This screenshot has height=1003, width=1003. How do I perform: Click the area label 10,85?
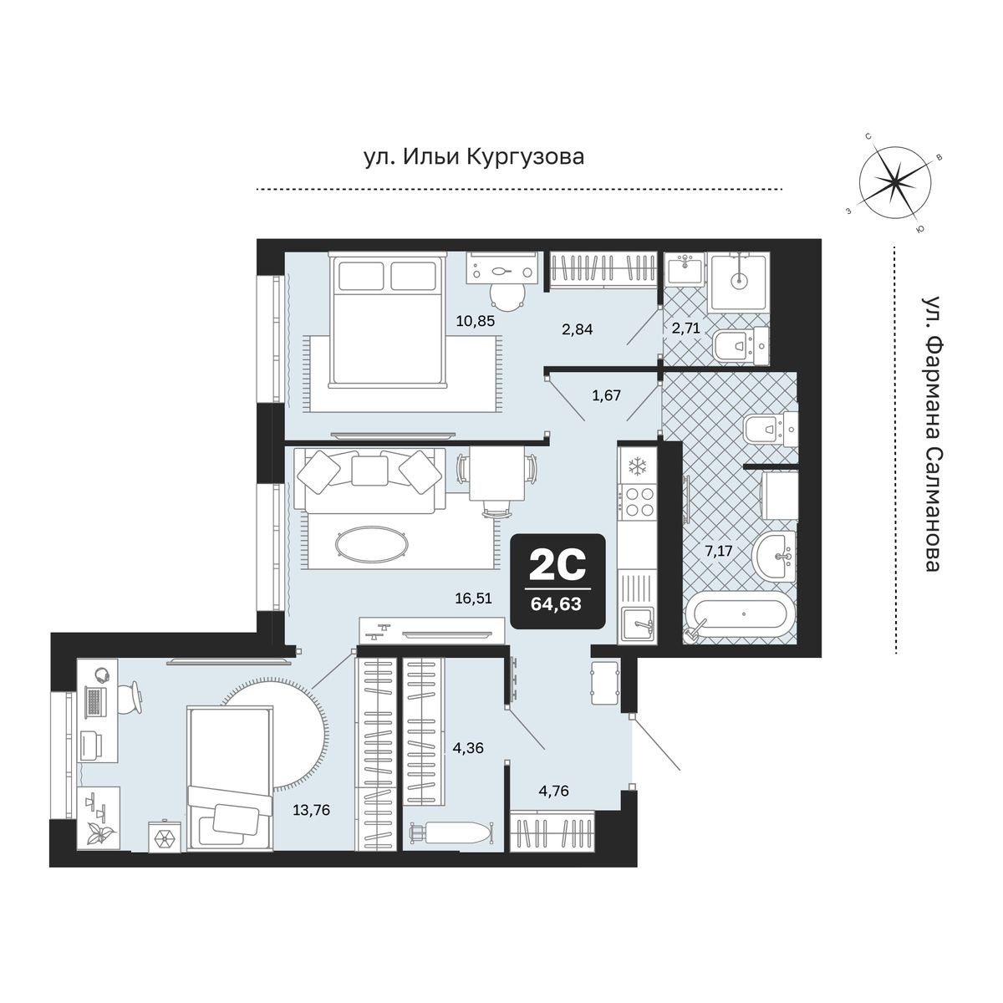[x=475, y=321]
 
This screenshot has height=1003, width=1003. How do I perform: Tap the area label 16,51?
[x=473, y=598]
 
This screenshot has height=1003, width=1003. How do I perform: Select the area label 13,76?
[x=311, y=810]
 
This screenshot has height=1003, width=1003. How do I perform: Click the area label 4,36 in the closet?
[x=468, y=748]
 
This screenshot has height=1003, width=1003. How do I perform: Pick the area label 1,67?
[x=606, y=395]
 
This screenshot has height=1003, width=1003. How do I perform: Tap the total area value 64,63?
[x=556, y=604]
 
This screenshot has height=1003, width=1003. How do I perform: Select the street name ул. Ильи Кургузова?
[x=474, y=156]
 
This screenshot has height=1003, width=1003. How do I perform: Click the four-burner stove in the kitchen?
[x=638, y=501]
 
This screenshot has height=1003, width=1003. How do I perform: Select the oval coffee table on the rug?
[x=371, y=544]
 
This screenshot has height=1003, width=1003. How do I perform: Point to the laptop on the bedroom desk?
[x=94, y=700]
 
